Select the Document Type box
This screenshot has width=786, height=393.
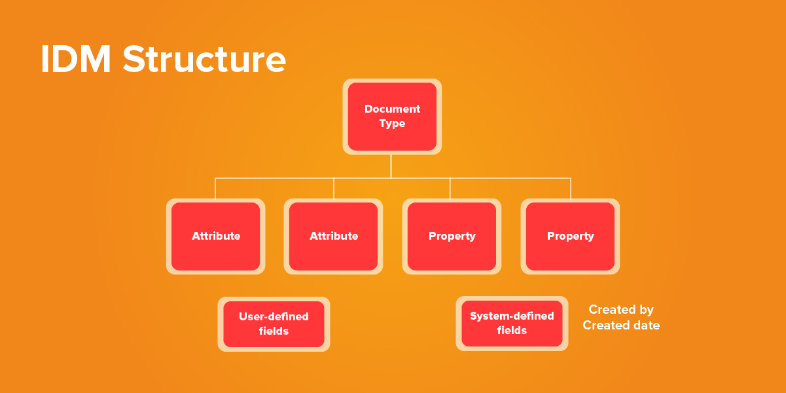[x=392, y=117]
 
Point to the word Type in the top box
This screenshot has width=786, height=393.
[x=392, y=124]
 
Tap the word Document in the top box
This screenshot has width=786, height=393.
[x=392, y=109]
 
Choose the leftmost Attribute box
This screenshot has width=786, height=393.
[x=215, y=236]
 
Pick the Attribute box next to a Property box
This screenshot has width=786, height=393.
[x=334, y=236]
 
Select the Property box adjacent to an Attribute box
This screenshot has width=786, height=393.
[x=452, y=236]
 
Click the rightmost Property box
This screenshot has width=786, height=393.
[x=570, y=236]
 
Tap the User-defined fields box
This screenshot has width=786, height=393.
[x=274, y=324]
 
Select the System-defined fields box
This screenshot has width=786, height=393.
[x=512, y=324]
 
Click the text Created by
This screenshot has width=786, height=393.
[x=621, y=310]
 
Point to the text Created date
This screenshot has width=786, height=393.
[x=621, y=326]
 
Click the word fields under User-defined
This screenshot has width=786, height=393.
[x=274, y=331]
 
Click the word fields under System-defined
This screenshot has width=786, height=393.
[x=512, y=331]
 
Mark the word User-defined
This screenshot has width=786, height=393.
[x=274, y=316]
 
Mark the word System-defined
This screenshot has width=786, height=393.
[x=512, y=316]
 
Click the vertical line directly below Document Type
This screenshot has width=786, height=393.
[x=391, y=166]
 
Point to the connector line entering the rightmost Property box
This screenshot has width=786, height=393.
[x=571, y=188]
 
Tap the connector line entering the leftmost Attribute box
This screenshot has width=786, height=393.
[x=215, y=188]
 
